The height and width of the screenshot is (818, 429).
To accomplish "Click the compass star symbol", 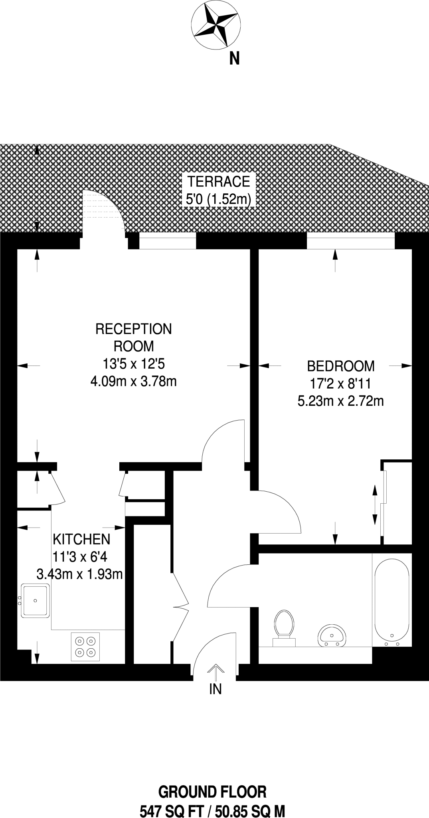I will pos(216,24).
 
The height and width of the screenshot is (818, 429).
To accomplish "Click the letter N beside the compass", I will pos(235,59).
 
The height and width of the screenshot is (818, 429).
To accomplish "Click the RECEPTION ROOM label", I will pos(134,337).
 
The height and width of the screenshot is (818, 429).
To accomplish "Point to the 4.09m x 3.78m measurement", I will pos(134,381).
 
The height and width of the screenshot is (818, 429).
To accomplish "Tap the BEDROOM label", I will pos(341,366).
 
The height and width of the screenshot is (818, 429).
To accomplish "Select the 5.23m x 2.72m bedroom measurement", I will pos(341,401).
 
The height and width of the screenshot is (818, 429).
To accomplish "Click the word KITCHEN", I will pos(81,539).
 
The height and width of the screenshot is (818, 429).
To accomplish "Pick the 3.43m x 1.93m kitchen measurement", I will pos(79,574).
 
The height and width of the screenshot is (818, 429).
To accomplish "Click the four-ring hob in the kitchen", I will pos(86,647).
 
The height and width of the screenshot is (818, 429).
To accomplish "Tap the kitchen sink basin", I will pos(36,601).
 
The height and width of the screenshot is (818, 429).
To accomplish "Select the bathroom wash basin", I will pos(332,635).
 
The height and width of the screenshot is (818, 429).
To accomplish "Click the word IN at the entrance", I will pos(215,689).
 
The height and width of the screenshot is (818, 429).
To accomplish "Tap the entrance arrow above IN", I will pos(215,671).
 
